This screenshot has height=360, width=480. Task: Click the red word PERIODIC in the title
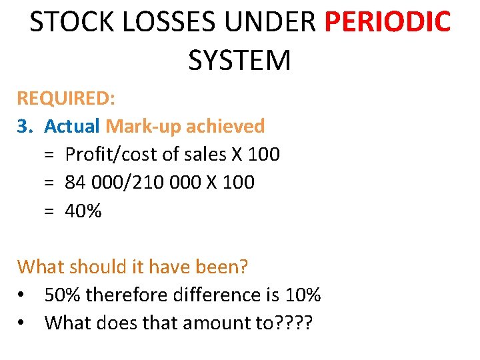tap(387, 22)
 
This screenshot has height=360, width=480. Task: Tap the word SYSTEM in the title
tap(240, 60)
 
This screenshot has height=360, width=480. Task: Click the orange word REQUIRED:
tap(66, 98)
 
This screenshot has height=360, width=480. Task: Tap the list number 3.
tap(25, 126)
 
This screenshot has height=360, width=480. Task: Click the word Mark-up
tap(143, 126)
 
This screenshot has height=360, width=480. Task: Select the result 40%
tap(83, 211)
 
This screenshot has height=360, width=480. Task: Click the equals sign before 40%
tap(49, 211)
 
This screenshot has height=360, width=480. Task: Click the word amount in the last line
tap(224, 323)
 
